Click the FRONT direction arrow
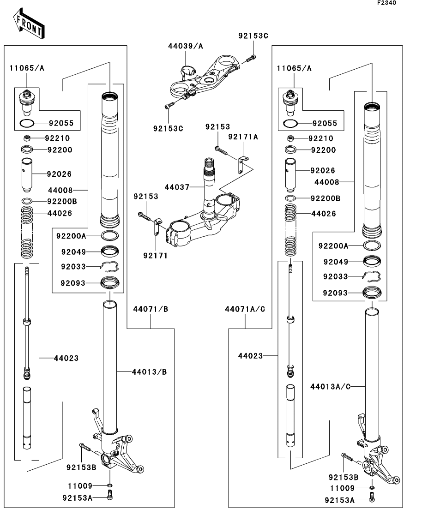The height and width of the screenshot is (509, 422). tap(29, 26)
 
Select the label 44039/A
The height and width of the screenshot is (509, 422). tap(185, 46)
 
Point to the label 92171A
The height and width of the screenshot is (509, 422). tap(243, 137)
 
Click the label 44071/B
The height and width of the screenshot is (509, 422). tap(150, 309)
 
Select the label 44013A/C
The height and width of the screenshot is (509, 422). tap(331, 386)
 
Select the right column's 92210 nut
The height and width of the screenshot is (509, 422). tap(290, 138)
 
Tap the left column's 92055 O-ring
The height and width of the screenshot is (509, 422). tap(27, 123)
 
